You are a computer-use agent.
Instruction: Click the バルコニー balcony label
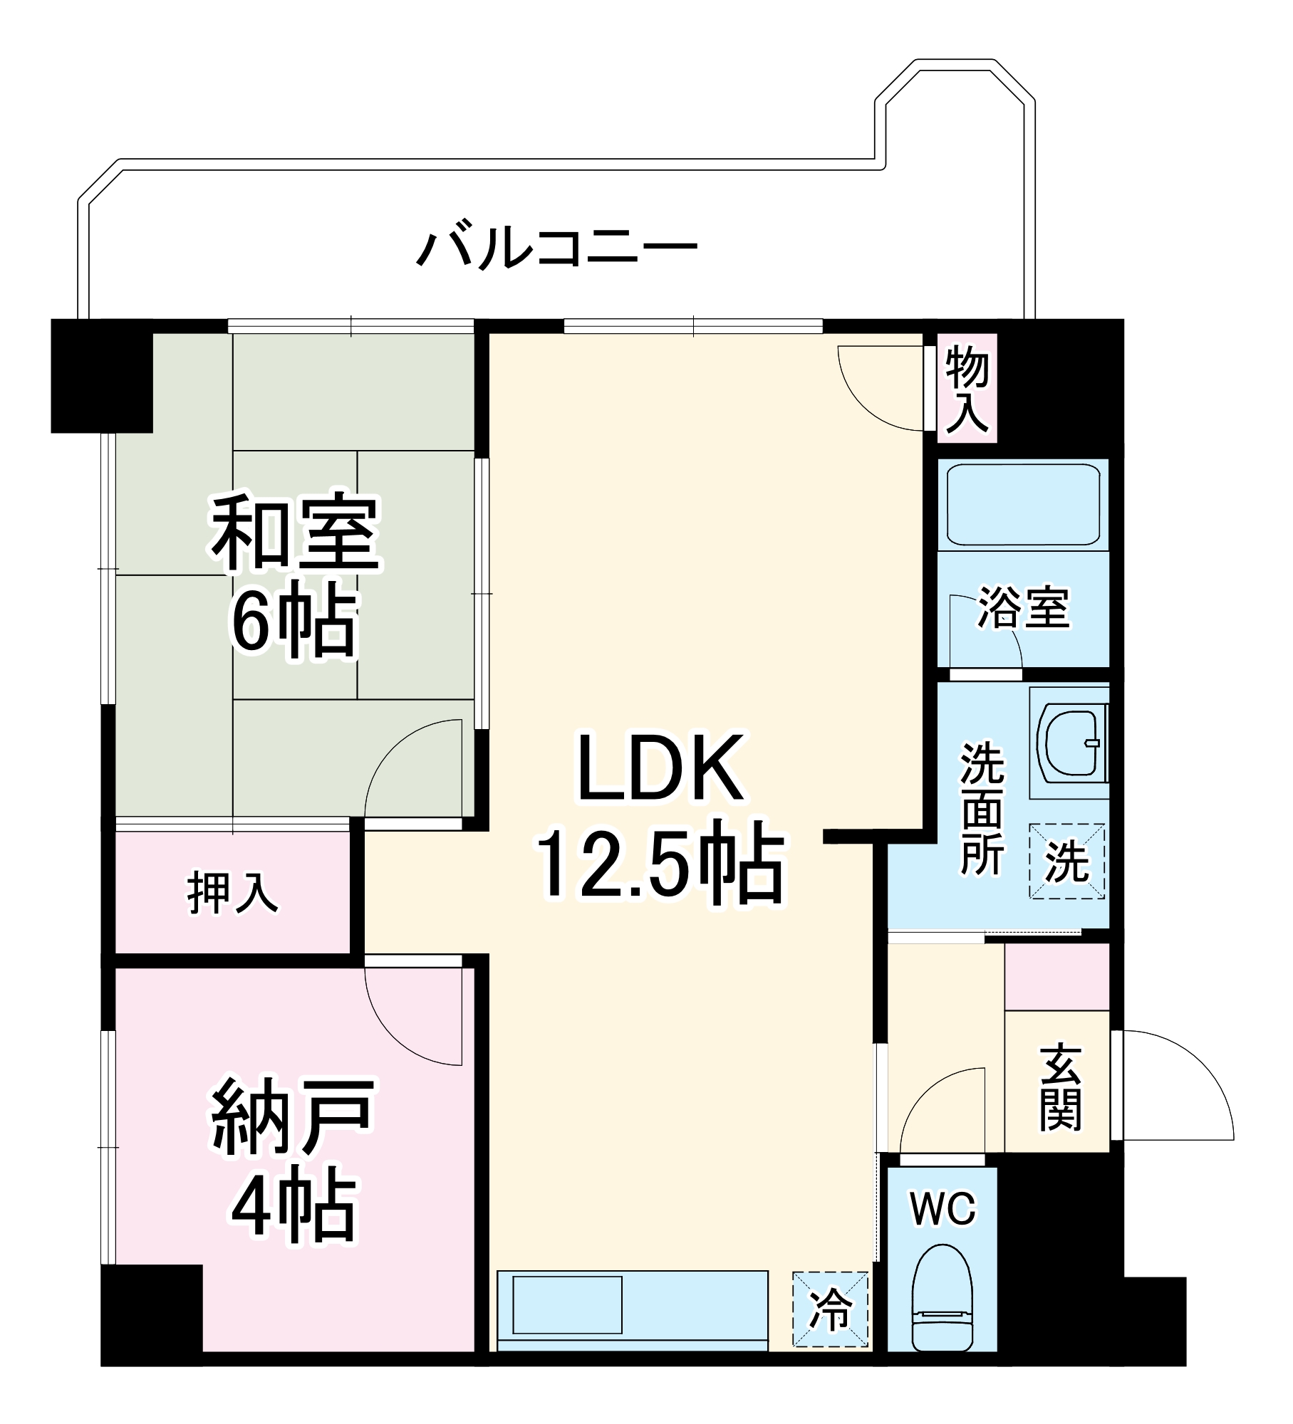[x=556, y=248]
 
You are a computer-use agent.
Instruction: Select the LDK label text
[x=661, y=768]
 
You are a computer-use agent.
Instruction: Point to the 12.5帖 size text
[x=661, y=866]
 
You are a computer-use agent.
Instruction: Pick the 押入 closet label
[x=233, y=893]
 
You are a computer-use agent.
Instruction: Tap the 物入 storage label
[x=967, y=389]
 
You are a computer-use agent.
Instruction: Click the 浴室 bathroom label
[x=1024, y=607]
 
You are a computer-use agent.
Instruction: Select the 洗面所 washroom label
[x=982, y=809]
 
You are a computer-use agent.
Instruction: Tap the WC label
[x=943, y=1209]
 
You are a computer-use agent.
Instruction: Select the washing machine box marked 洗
[x=1066, y=862]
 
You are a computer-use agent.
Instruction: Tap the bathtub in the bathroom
[x=1022, y=505]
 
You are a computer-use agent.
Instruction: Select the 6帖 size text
[x=293, y=624]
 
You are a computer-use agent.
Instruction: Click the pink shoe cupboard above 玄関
[x=1057, y=976]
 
